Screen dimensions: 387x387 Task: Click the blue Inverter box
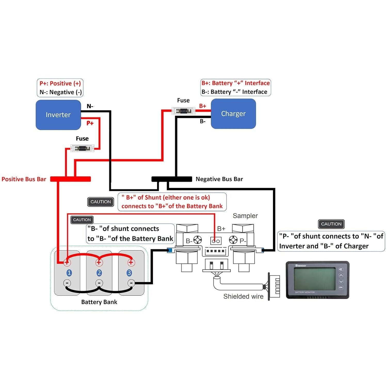pyautogui.click(x=58, y=115)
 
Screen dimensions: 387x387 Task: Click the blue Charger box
pyautogui.click(x=233, y=114)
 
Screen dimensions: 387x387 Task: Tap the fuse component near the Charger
pyautogui.click(x=183, y=111)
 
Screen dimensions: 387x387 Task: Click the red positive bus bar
pyautogui.click(x=70, y=179)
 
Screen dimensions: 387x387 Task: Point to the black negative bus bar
pyautogui.click(x=172, y=179)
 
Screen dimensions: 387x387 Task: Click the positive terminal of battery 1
pyautogui.click(x=67, y=262)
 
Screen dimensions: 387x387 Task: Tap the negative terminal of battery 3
pyautogui.click(x=131, y=283)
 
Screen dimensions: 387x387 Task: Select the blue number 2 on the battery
pyautogui.click(x=99, y=273)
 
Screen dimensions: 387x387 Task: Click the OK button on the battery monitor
pyautogui.click(x=341, y=287)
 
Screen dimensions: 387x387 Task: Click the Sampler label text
pyautogui.click(x=245, y=216)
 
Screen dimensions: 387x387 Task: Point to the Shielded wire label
pyautogui.click(x=243, y=296)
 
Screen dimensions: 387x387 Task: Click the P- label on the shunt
pyautogui.click(x=243, y=241)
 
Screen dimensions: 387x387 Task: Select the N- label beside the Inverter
pyautogui.click(x=90, y=106)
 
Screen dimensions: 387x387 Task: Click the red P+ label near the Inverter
pyautogui.click(x=90, y=123)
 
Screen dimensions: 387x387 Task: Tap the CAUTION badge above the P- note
pyautogui.click(x=331, y=224)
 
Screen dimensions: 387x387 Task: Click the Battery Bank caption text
pyautogui.click(x=99, y=302)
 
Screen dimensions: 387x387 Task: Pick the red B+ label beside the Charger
pyautogui.click(x=203, y=106)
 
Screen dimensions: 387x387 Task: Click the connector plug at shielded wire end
pyautogui.click(x=275, y=286)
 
